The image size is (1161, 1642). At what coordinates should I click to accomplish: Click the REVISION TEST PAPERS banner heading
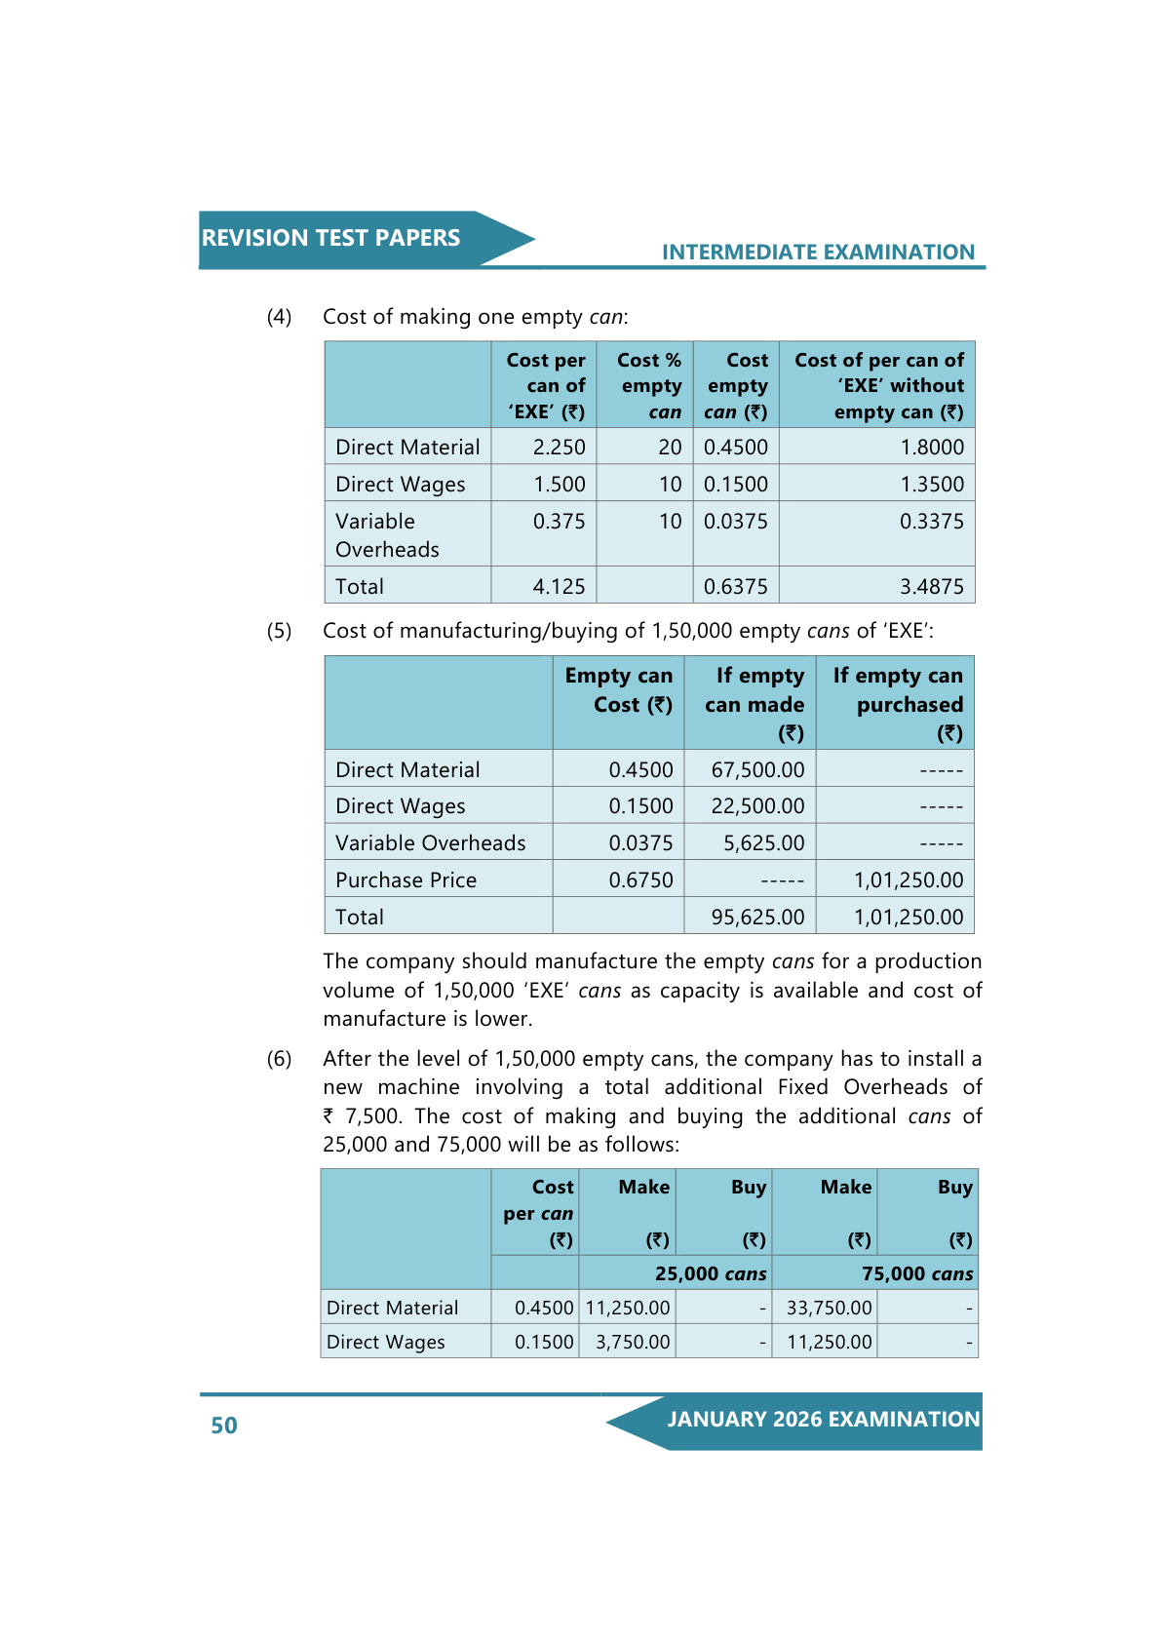tap(330, 238)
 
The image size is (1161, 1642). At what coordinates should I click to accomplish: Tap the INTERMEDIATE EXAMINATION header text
tap(818, 253)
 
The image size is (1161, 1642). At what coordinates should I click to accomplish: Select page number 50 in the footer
tap(224, 1426)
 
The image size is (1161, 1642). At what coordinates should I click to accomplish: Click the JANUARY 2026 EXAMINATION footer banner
tap(823, 1420)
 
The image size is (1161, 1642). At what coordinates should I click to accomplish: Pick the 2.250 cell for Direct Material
tap(559, 448)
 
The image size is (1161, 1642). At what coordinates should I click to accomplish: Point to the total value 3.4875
tap(931, 587)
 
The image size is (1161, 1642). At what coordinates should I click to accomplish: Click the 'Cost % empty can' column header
tap(649, 386)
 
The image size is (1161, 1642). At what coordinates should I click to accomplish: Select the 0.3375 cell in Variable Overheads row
tap(931, 522)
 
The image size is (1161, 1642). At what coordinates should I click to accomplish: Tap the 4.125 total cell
tap(559, 587)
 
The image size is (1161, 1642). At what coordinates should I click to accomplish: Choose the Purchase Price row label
tap(406, 880)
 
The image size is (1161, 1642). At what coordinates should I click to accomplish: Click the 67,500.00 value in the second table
tap(757, 770)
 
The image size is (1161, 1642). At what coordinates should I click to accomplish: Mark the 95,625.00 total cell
tap(757, 918)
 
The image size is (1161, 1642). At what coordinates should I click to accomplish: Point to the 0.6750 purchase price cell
tap(640, 880)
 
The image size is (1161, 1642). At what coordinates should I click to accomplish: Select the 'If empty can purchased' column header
tap(897, 704)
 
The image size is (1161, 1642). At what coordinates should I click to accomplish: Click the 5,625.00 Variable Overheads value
tap(763, 843)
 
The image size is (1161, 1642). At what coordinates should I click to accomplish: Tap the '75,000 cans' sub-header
tap(917, 1274)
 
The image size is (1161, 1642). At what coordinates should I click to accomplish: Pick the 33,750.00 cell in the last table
tap(829, 1309)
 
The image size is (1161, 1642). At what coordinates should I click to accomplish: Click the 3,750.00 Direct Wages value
tap(633, 1343)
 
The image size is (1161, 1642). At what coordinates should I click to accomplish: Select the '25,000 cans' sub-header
tap(711, 1274)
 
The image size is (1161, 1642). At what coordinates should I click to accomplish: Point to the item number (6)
tap(279, 1059)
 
